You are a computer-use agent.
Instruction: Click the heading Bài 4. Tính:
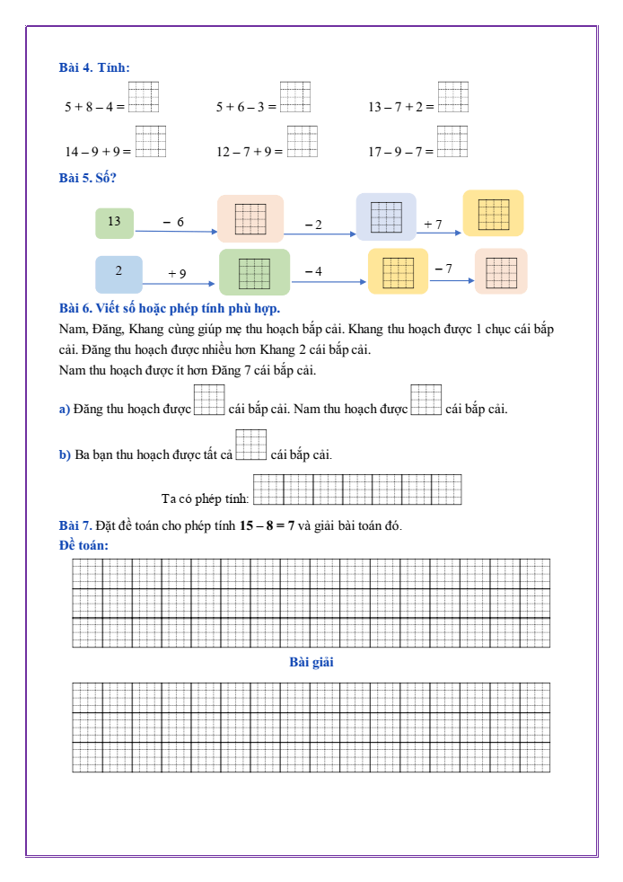click(94, 67)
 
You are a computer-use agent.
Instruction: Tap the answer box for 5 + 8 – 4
click(144, 96)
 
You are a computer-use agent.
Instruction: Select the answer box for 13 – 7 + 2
click(453, 96)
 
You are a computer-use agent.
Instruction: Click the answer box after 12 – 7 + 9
click(303, 141)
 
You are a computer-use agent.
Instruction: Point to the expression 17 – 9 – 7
click(399, 152)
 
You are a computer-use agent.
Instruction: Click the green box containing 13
click(114, 223)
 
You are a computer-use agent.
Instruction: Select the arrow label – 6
click(173, 222)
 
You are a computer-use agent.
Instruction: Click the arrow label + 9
click(177, 273)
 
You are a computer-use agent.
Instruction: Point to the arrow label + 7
click(433, 224)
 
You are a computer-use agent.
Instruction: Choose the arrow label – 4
click(313, 270)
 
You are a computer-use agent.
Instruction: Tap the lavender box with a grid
click(386, 217)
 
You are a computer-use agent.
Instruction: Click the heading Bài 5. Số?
click(88, 178)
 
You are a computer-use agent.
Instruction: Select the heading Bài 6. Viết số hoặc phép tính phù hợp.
click(170, 310)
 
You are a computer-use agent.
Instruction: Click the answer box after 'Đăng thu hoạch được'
click(209, 400)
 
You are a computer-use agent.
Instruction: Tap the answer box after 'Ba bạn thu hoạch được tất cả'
click(251, 445)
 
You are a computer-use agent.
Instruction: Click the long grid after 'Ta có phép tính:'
click(357, 490)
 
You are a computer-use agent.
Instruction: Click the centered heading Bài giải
click(311, 662)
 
